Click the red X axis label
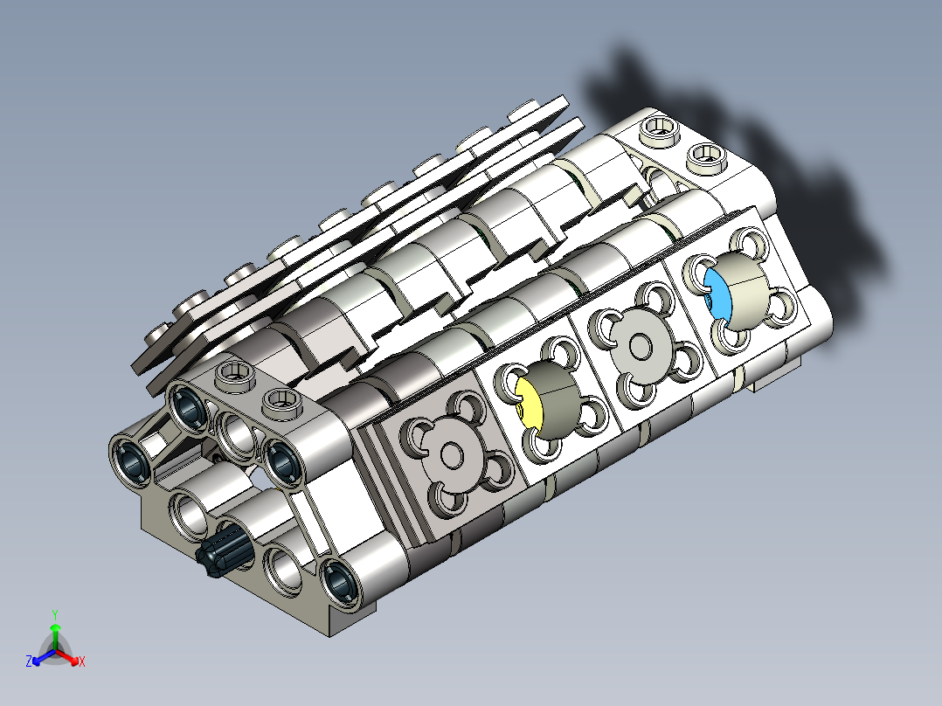[x=82, y=662]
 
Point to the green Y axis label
[x=54, y=614]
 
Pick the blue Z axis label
[x=29, y=662]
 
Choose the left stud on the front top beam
[x=234, y=374]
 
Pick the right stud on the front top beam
[x=281, y=400]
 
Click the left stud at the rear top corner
[x=660, y=130]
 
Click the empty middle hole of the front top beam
[x=234, y=431]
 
